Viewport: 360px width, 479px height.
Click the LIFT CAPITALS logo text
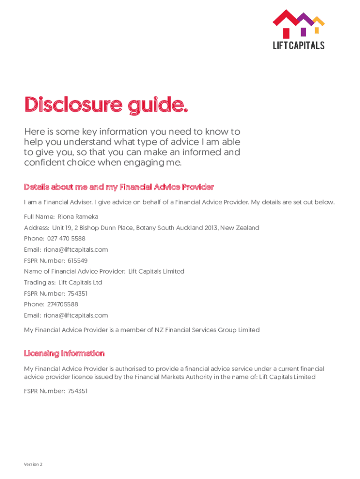click(x=298, y=45)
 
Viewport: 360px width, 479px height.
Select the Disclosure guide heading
click(x=106, y=104)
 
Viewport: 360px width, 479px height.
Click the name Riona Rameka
click(x=78, y=217)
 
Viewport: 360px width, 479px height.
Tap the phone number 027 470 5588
click(x=66, y=239)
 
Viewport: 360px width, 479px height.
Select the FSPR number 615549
click(x=78, y=261)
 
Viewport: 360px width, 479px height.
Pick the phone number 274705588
click(x=63, y=305)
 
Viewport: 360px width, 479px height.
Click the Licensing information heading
click(x=64, y=353)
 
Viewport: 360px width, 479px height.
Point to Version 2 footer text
click(x=33, y=464)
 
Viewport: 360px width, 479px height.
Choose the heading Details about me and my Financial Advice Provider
click(x=119, y=187)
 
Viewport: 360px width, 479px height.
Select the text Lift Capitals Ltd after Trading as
click(x=80, y=283)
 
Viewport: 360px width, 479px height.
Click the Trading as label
click(x=39, y=283)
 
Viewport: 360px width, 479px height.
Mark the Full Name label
click(x=39, y=217)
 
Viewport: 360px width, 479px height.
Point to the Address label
click(x=36, y=228)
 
